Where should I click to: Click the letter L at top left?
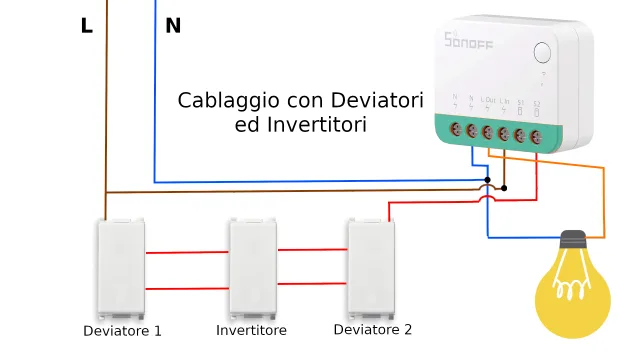pyautogui.click(x=87, y=26)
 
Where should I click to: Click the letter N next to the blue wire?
pyautogui.click(x=173, y=26)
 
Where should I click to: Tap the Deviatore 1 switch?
pyautogui.click(x=121, y=267)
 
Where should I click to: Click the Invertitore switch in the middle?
pyautogui.click(x=252, y=267)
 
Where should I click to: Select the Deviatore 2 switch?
pyautogui.click(x=370, y=265)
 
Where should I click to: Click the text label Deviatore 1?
pyautogui.click(x=122, y=331)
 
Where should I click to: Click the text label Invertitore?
pyautogui.click(x=251, y=330)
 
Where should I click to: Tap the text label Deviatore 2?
pyautogui.click(x=372, y=329)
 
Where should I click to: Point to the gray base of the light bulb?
pyautogui.click(x=572, y=241)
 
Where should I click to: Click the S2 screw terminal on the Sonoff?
pyautogui.click(x=537, y=134)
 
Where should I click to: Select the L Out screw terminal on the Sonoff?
pyautogui.click(x=487, y=132)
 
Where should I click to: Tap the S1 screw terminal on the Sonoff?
pyautogui.click(x=520, y=134)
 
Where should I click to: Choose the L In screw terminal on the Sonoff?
pyautogui.click(x=503, y=133)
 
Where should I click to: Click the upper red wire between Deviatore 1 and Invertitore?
pyautogui.click(x=187, y=253)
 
